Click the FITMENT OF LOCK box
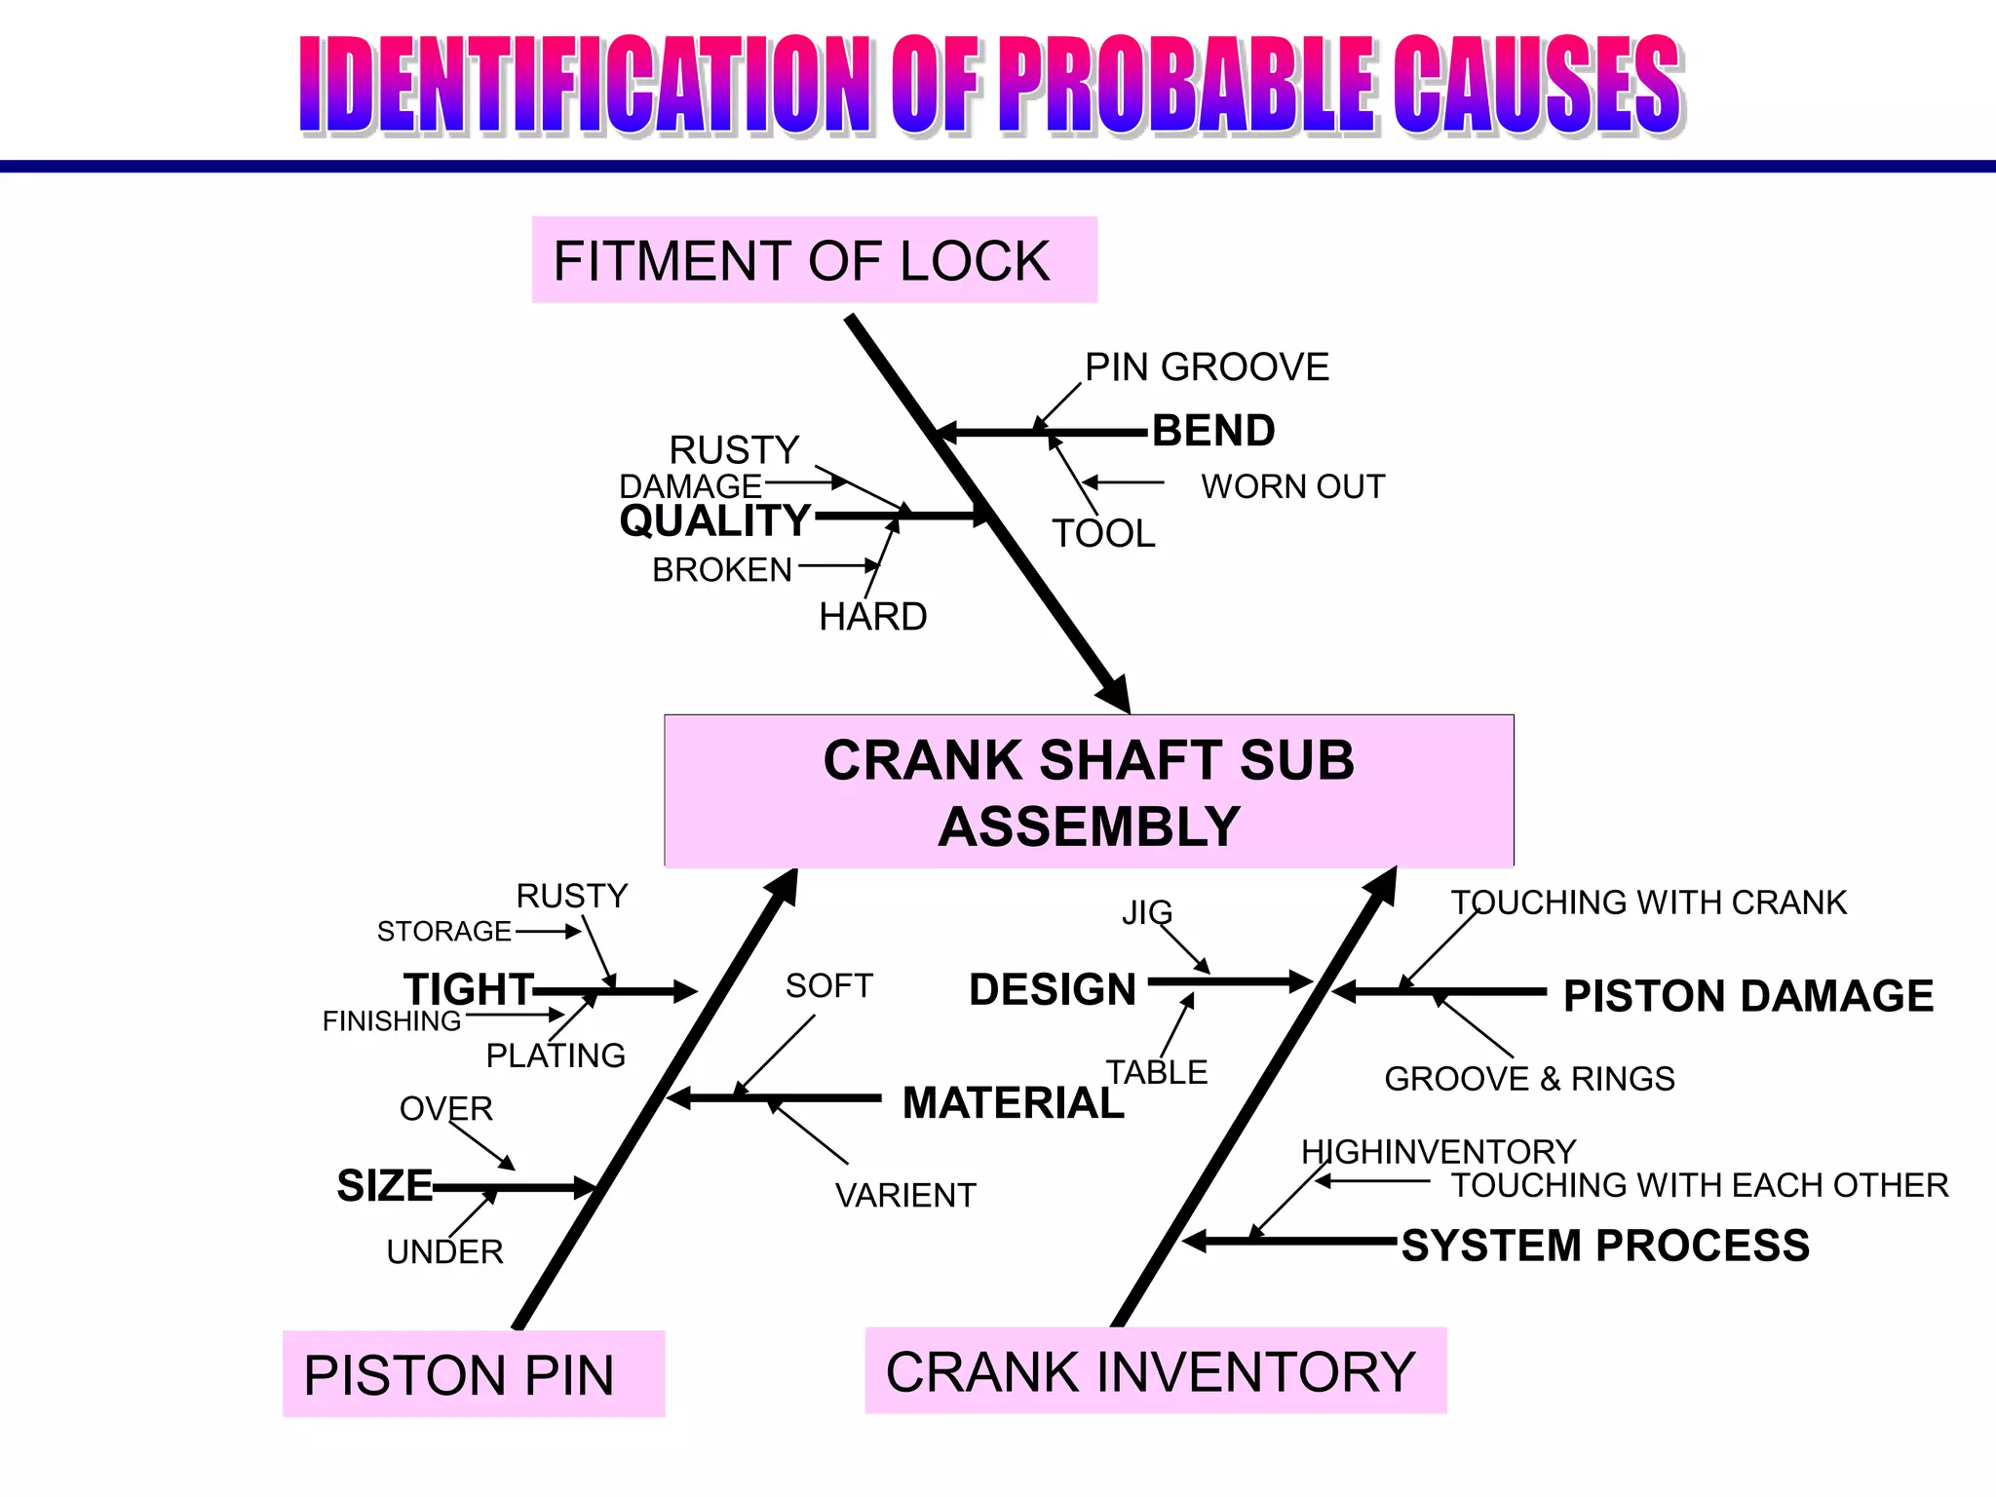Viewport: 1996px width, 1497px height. coord(814,260)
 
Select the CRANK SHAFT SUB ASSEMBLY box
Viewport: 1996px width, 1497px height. coord(1089,791)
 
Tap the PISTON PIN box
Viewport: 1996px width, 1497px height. coord(474,1373)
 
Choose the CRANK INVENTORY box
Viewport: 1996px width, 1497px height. coord(1155,1370)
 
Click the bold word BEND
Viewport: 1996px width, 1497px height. coord(1213,431)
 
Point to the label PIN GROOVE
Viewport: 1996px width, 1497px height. coord(1207,367)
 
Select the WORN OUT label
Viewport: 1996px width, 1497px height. coord(1292,486)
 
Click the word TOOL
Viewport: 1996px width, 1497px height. coord(1103,533)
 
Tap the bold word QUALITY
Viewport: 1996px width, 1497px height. coord(715,520)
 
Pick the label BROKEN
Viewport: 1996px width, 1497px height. coord(722,570)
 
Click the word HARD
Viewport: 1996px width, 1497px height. coord(872,617)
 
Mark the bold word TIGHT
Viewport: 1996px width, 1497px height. coord(469,989)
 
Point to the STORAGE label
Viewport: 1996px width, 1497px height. coord(443,932)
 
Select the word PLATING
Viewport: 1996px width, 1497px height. coord(556,1056)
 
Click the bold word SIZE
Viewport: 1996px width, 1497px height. coord(384,1186)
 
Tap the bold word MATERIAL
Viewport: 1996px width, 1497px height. coord(1013,1103)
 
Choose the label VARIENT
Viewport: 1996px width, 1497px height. coord(905,1196)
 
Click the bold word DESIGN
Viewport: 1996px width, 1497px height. coord(1053,989)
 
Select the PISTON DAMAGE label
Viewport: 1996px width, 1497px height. coord(1748,996)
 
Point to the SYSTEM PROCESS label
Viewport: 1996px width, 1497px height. coord(1605,1246)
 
